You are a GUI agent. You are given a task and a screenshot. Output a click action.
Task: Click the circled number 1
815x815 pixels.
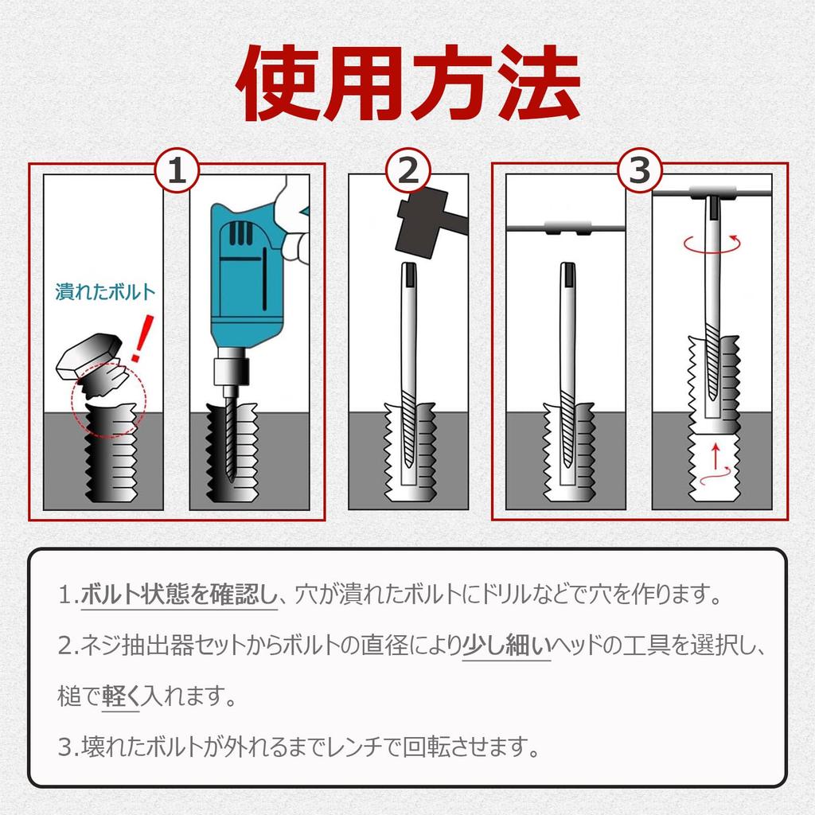177,170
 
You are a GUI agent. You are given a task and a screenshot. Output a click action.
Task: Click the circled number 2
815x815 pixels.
408,170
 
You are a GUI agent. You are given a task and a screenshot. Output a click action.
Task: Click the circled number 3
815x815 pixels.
640,170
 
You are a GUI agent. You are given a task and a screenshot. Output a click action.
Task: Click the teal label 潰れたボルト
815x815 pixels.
106,291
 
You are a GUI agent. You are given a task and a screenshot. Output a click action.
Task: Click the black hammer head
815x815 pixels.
422,224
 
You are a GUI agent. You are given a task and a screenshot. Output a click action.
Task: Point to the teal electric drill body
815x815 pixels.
248,275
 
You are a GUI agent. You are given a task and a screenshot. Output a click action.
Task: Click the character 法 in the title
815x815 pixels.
539,83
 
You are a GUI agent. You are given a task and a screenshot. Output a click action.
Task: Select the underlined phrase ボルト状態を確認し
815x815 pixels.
179,595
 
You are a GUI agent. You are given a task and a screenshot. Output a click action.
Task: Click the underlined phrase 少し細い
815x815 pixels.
506,645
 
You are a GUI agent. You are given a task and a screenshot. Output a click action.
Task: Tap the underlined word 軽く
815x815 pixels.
121,696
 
